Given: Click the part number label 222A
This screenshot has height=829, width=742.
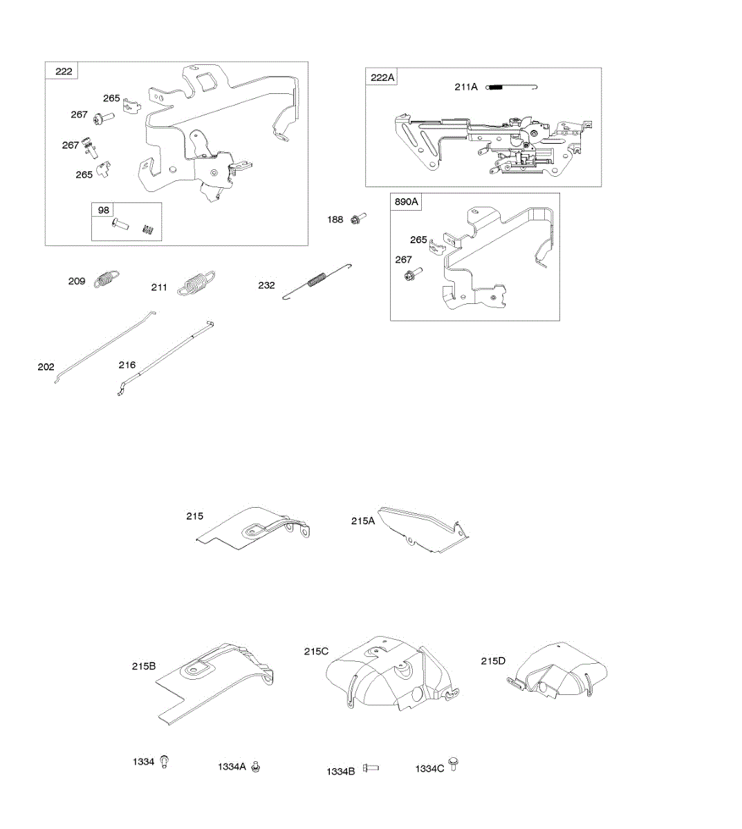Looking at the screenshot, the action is click(x=382, y=77).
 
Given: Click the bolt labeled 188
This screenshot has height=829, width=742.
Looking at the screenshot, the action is click(x=358, y=219).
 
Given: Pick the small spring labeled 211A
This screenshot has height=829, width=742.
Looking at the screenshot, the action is click(x=512, y=87).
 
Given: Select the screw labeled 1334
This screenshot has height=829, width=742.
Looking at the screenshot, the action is click(x=164, y=763).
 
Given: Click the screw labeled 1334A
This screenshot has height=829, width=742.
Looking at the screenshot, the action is click(x=255, y=766).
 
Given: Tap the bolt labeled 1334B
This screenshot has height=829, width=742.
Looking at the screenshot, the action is click(x=371, y=768).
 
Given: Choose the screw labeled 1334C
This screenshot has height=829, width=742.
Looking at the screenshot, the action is click(x=454, y=765).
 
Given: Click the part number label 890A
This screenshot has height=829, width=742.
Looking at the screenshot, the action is click(x=407, y=202).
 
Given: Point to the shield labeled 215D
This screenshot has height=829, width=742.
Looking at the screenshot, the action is click(x=557, y=670).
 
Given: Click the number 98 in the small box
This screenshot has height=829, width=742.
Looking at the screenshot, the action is click(x=104, y=210).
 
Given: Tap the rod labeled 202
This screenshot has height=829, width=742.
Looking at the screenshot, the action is click(x=104, y=347).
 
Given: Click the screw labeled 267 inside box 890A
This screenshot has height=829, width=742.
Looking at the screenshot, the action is click(x=409, y=275).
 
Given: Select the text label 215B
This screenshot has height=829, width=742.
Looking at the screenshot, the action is click(x=144, y=667).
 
